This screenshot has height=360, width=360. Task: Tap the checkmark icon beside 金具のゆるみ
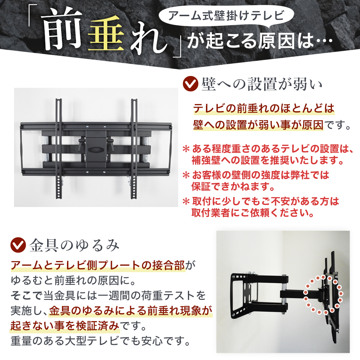[18, 245]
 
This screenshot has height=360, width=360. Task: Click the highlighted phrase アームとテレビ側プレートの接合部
[98, 266]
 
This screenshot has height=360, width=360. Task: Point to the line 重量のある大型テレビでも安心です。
[100, 340]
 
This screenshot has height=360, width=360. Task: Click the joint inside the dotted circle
[323, 293]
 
